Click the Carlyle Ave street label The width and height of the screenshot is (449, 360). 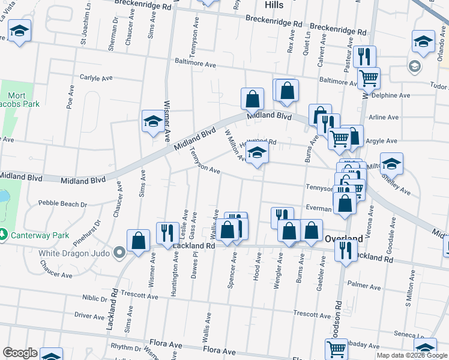pyautogui.click(x=97, y=78)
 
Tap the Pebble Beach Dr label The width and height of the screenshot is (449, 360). pyautogui.click(x=62, y=204)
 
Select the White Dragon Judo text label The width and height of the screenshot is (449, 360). pyautogui.click(x=74, y=253)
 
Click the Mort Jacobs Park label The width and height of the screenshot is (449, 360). pyautogui.click(x=25, y=100)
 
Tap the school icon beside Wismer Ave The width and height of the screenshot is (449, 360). pyautogui.click(x=152, y=121)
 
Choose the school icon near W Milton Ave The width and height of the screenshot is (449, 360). pyautogui.click(x=257, y=155)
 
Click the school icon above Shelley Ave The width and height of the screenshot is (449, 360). pyautogui.click(x=391, y=163)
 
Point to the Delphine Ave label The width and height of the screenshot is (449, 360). pyautogui.click(x=390, y=95)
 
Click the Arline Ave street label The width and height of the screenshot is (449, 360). pyautogui.click(x=385, y=118)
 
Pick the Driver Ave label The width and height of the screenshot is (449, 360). pyautogui.click(x=89, y=316)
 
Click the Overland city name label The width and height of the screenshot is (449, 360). pyautogui.click(x=343, y=238)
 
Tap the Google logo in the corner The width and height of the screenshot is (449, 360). pyautogui.click(x=20, y=353)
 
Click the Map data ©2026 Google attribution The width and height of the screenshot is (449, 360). pyautogui.click(x=412, y=355)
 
